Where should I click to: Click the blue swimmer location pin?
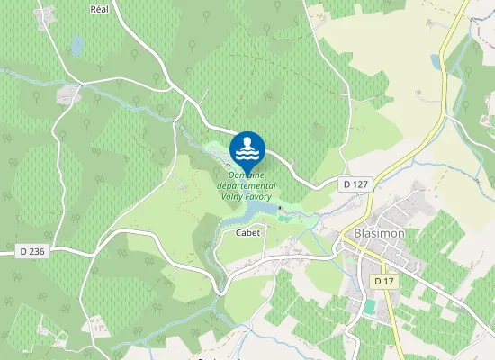pyautogui.click(x=247, y=148)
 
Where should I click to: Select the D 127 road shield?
pyautogui.click(x=355, y=184)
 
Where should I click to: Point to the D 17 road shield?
pyautogui.click(x=384, y=282)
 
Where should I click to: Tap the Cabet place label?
pyautogui.click(x=247, y=232)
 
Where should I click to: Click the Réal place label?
pyautogui.click(x=99, y=9)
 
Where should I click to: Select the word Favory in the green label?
pyautogui.click(x=258, y=196)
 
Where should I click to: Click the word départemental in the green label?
pyautogui.click(x=247, y=185)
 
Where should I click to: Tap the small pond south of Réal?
pyautogui.click(x=77, y=44)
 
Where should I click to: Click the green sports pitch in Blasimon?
pyautogui.click(x=369, y=307)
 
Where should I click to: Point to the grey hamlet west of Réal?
pyautogui.click(x=67, y=94)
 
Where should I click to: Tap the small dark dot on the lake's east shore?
pyautogui.click(x=281, y=209)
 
